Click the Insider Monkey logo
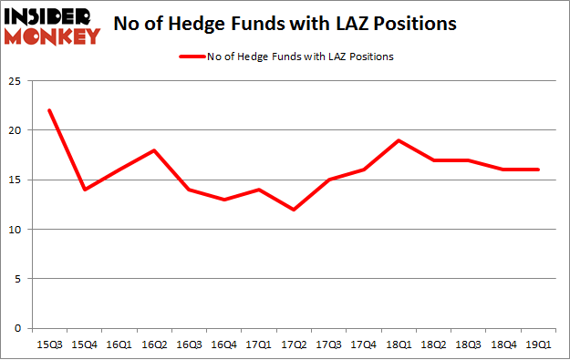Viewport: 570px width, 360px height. click(51, 25)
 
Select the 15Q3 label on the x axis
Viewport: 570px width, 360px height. click(49, 344)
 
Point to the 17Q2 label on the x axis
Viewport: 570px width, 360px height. click(294, 344)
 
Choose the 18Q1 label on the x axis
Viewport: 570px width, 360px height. click(399, 344)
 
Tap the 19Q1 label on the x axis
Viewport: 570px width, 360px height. click(537, 344)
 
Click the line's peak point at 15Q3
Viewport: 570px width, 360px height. click(49, 110)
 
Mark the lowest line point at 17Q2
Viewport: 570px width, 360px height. click(294, 210)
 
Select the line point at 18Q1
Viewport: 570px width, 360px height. click(399, 140)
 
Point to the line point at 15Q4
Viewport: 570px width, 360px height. click(84, 190)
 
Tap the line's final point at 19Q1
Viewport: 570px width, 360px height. click(537, 170)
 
